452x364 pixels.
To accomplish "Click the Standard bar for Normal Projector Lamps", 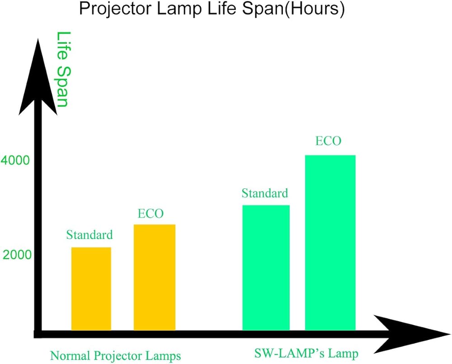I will (91, 288).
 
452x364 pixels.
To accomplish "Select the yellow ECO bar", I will (155, 277).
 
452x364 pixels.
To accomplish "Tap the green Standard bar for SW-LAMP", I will (266, 268).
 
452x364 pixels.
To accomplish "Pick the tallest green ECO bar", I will (330, 243).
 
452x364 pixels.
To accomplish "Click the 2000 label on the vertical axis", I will (18, 255).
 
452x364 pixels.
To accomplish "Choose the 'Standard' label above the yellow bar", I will (89, 235).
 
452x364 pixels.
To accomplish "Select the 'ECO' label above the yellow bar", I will (151, 213).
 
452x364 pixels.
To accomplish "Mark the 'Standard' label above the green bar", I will (265, 193).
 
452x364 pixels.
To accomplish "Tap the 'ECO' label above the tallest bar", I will (328, 141).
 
